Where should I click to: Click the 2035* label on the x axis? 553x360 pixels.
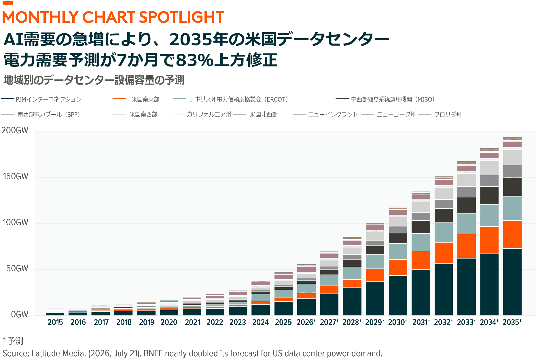point(512,322)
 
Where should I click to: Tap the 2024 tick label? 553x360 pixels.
point(260,322)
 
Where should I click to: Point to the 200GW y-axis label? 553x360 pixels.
point(15,130)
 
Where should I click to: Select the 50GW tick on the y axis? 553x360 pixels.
point(17,268)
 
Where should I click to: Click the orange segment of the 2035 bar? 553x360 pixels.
point(512,235)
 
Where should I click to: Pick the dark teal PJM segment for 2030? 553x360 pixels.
point(398,295)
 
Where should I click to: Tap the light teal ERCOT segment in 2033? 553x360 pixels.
point(466,224)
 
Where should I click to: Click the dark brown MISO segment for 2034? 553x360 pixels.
point(489,195)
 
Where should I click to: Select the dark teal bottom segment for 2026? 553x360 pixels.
point(306,307)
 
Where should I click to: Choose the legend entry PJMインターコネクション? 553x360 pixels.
point(41,99)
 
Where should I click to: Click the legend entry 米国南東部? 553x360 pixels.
point(136,99)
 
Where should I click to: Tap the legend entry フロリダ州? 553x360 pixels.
point(440,115)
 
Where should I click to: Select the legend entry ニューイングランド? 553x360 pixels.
point(325,115)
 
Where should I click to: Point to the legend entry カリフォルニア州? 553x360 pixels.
point(202,114)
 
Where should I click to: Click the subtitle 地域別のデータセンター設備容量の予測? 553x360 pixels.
point(94,80)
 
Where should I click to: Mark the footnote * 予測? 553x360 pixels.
point(13,341)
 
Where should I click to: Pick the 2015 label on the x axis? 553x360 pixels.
point(55,322)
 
